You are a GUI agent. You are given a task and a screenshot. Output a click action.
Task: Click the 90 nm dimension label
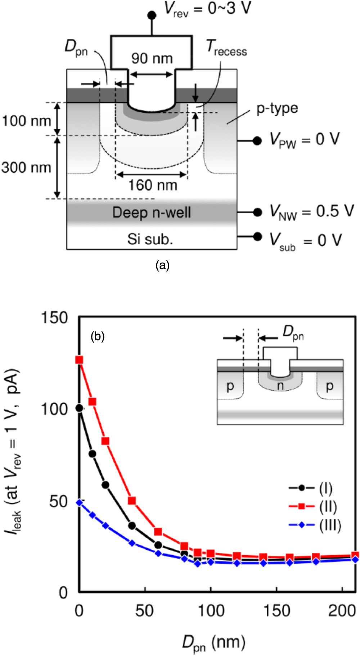tap(152, 58)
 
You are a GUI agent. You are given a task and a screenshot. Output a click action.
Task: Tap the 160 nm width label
tap(153, 185)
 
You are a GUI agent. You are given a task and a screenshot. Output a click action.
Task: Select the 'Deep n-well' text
tap(152, 213)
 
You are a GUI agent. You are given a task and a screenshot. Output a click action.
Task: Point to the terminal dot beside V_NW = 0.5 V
tap(257, 212)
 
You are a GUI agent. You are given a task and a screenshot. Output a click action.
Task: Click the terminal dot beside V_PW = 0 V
tap(257, 141)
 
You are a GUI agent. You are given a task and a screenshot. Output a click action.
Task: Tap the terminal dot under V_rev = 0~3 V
tap(152, 15)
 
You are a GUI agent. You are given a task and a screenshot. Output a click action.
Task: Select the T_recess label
tap(226, 48)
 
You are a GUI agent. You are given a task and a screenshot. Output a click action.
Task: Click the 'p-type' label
tap(277, 108)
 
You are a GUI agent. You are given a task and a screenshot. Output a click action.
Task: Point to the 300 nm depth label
tap(26, 168)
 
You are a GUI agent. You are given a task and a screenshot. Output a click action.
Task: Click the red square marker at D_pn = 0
tap(79, 360)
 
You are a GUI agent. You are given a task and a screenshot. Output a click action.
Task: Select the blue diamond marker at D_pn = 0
tap(79, 503)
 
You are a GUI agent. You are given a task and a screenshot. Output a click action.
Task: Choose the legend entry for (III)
tap(315, 525)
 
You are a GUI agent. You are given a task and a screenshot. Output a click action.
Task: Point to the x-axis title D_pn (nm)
tap(214, 642)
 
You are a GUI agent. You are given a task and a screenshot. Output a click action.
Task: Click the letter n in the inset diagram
tap(280, 386)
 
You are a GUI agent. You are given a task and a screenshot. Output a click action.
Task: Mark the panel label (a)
tap(162, 265)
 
